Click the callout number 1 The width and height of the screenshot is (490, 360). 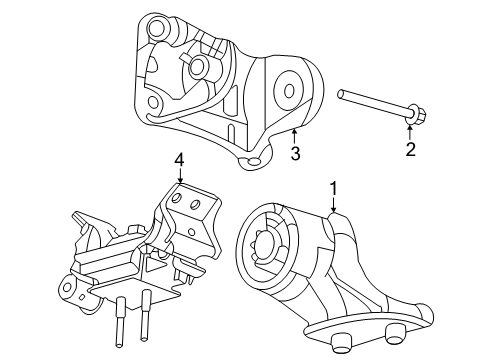334,187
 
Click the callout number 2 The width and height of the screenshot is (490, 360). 409,150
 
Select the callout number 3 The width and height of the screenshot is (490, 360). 295,153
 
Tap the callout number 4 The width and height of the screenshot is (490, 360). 179,159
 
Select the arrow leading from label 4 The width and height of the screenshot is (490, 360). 179,175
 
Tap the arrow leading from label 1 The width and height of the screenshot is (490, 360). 334,204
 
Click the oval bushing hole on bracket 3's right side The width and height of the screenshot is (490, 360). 290,90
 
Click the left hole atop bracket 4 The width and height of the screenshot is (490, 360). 174,200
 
